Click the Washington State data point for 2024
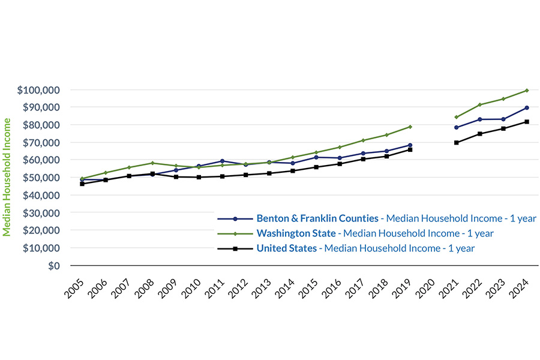click(526, 91)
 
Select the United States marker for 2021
click(456, 143)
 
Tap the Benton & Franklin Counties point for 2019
click(410, 145)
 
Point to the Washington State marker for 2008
click(152, 163)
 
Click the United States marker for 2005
click(82, 184)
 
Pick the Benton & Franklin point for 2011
click(223, 161)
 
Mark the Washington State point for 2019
click(410, 127)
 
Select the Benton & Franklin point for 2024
click(526, 108)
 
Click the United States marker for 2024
click(526, 122)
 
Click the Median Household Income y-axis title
click(7, 177)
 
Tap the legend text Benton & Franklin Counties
click(317, 218)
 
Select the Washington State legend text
click(295, 233)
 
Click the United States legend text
click(286, 248)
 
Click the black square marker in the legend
click(235, 248)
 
